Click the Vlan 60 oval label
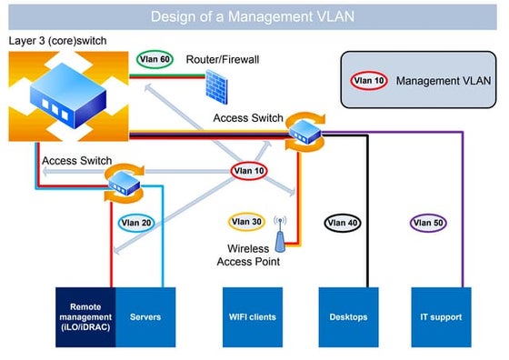tap(154, 60)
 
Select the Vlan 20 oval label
tap(135, 222)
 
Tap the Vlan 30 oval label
tap(244, 221)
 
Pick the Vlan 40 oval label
tap(341, 222)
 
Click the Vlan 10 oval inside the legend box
tap(368, 80)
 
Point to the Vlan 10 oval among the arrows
tap(248, 169)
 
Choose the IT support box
tap(441, 316)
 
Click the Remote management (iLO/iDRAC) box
tap(84, 316)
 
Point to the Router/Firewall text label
tap(223, 59)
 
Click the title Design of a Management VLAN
tap(253, 15)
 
